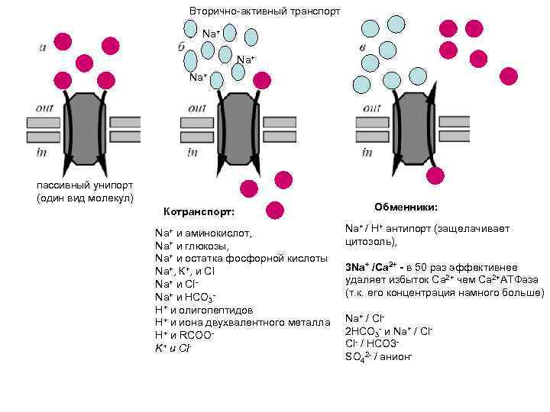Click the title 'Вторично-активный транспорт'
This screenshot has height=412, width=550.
point(264,11)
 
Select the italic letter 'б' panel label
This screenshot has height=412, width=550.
point(181,47)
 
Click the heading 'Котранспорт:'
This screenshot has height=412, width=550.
point(199,211)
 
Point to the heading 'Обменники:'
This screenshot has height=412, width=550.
point(406,207)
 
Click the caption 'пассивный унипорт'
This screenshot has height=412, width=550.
point(85,185)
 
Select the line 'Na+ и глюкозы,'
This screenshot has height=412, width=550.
point(192,246)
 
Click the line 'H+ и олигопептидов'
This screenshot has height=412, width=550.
point(204,310)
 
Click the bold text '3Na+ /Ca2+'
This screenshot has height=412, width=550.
point(370,267)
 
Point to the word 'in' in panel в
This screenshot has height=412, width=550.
point(367,153)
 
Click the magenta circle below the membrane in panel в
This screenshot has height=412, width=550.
point(435,177)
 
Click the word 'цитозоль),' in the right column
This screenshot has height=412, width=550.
point(371,241)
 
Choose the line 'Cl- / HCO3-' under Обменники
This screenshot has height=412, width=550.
point(373,343)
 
